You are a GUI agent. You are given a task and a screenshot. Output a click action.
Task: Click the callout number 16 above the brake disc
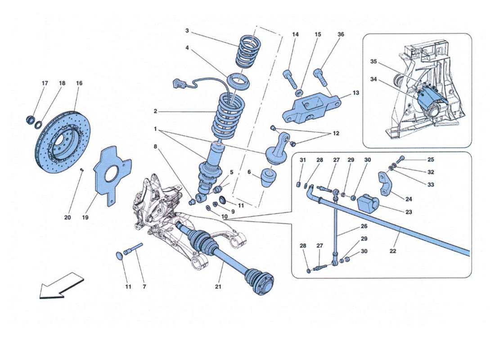tap(79, 83)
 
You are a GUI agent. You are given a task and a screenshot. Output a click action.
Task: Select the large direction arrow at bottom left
tap(61, 285)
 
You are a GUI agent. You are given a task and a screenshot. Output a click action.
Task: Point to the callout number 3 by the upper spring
tap(187, 31)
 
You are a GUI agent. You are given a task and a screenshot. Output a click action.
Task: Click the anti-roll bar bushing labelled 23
tap(368, 205)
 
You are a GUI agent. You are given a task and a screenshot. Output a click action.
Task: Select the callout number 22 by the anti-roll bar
tap(393, 251)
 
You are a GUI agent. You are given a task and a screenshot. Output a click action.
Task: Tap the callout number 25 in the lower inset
tap(431, 160)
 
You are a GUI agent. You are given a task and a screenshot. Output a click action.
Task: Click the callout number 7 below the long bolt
tap(145, 287)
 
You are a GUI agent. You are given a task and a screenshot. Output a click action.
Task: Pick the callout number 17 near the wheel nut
tap(45, 83)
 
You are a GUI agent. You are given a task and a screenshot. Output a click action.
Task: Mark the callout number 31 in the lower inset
tap(302, 160)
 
